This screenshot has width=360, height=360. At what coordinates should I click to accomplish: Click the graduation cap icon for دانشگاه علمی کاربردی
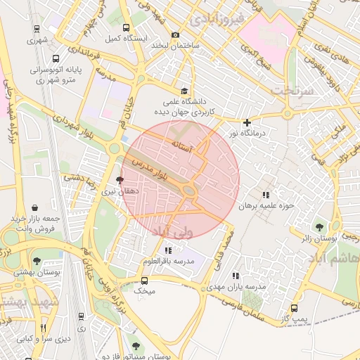click(x=184, y=91)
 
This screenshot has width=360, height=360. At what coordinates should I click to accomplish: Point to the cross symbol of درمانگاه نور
click(x=247, y=122)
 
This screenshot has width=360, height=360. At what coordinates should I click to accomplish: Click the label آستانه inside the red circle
click(x=182, y=143)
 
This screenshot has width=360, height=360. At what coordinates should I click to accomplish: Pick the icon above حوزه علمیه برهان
click(x=265, y=195)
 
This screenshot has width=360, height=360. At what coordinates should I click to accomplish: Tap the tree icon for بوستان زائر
click(x=320, y=226)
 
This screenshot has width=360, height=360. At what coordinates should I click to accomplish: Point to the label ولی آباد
click(x=191, y=231)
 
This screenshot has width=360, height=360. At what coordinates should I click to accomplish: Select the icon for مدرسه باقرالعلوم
click(x=167, y=250)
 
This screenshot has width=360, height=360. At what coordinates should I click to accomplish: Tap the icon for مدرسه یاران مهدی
click(x=236, y=276)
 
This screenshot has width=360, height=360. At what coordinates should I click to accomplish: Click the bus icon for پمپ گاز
click(x=294, y=307)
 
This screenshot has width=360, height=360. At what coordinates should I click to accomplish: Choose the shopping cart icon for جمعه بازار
click(x=14, y=220)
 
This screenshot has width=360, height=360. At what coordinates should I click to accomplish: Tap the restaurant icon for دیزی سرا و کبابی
click(x=43, y=328)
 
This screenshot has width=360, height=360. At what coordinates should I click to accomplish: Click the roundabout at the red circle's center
click(x=188, y=190)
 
